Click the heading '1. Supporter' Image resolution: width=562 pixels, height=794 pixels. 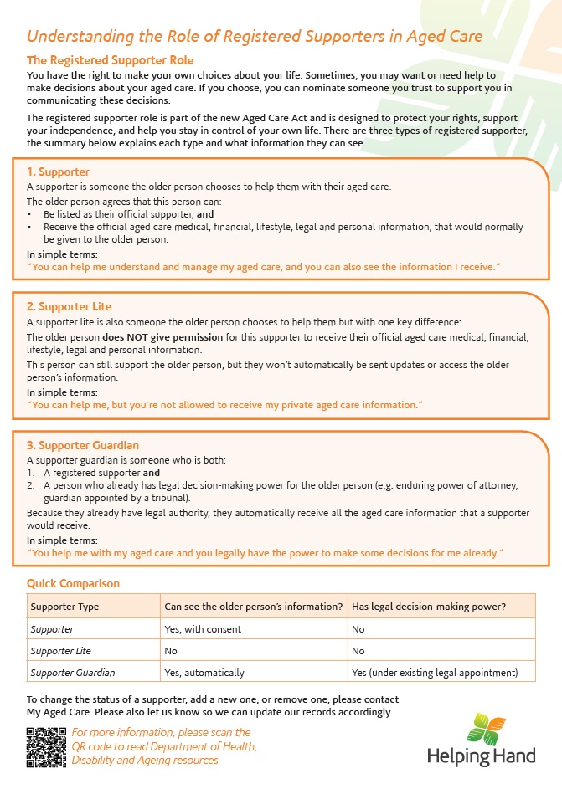click(x=58, y=172)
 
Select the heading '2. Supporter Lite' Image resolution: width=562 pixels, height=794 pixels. click(x=69, y=307)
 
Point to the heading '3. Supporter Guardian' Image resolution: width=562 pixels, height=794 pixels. click(x=83, y=445)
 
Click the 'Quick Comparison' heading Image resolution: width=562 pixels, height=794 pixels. click(x=73, y=583)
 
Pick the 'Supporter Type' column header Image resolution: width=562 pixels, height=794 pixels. click(x=64, y=607)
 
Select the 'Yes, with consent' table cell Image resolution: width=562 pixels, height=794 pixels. click(x=203, y=629)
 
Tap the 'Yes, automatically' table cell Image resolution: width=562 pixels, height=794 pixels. click(x=204, y=673)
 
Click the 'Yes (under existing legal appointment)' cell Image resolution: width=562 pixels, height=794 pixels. click(x=435, y=673)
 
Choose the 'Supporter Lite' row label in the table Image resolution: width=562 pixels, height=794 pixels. click(x=60, y=651)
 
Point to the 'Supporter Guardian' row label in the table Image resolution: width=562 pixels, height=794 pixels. click(x=72, y=673)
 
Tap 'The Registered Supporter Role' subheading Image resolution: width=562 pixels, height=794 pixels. click(x=110, y=60)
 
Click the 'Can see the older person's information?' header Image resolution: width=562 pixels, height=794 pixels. click(x=253, y=607)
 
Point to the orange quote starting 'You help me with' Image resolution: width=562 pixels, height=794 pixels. click(x=266, y=553)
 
